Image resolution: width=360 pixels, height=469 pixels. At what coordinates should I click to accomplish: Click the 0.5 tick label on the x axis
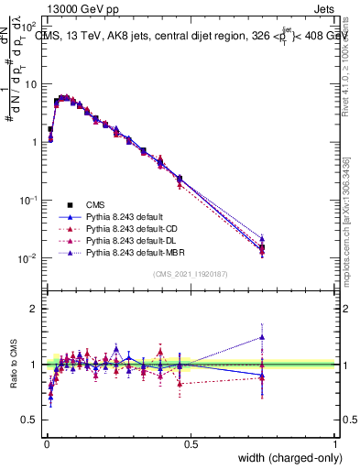[x=191, y=444]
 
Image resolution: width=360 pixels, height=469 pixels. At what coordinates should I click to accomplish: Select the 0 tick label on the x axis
[x=47, y=444]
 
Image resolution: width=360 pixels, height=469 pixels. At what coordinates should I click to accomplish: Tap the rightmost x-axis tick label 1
[x=335, y=444]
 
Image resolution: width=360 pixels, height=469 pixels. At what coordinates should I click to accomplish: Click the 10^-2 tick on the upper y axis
[x=28, y=259]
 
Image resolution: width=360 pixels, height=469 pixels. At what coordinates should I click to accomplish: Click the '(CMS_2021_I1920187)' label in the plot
[x=191, y=275]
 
